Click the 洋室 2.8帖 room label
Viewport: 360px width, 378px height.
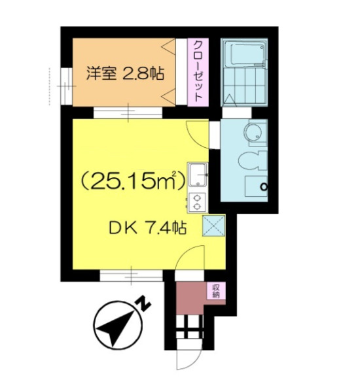[x=125, y=73]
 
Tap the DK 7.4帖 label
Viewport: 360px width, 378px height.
[x=148, y=228]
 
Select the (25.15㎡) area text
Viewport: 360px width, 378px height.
[x=133, y=181]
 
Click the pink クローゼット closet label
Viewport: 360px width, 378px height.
[x=198, y=72]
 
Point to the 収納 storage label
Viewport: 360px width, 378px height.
[x=216, y=291]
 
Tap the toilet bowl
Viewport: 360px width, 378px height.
[x=252, y=160]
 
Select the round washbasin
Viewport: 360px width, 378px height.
[x=253, y=132]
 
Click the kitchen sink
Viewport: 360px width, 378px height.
[x=198, y=175]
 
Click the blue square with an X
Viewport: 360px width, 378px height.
[x=213, y=226]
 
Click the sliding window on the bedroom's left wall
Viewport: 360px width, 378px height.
[x=66, y=86]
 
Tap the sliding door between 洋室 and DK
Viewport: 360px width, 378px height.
[x=128, y=112]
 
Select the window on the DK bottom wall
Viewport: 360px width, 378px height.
[x=132, y=276]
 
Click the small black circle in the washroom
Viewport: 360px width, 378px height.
[x=264, y=186]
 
